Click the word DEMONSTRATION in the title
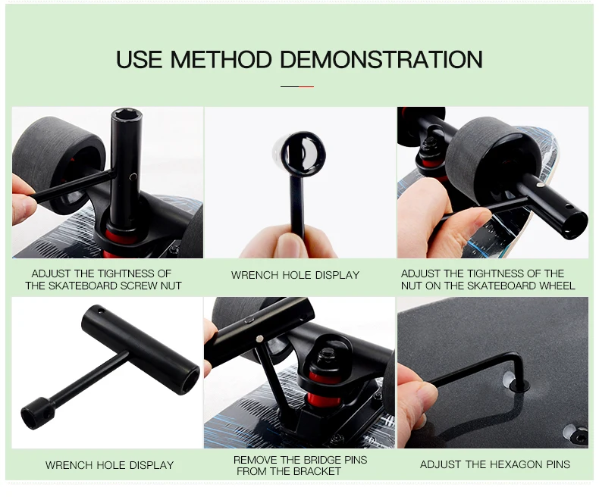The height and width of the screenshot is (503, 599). (381, 60)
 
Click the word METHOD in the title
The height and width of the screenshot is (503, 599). (221, 60)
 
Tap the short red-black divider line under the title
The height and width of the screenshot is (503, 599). (297, 86)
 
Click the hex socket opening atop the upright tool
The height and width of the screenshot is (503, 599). (126, 115)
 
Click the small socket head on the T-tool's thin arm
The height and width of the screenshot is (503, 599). (37, 413)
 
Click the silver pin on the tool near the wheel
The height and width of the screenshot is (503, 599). (540, 185)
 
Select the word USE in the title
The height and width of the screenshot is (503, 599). (139, 60)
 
